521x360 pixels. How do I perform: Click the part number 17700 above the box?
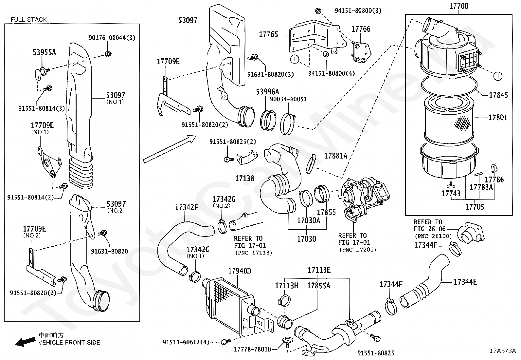point(458,6)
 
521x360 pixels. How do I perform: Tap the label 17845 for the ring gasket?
point(498,95)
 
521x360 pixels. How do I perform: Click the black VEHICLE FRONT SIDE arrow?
point(26,342)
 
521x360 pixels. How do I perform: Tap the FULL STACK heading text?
point(28,20)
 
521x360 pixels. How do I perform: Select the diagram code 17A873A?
point(503,351)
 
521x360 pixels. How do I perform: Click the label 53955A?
point(44,52)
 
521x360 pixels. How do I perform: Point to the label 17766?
point(361,29)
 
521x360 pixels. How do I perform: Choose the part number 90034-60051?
point(288,99)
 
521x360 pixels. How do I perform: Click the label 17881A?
point(335,156)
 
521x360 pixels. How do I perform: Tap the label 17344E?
point(465,282)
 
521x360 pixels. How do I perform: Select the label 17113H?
point(286,286)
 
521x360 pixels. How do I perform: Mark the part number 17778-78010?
point(252,350)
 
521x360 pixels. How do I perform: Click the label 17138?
point(245,179)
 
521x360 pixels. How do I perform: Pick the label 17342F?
point(187,207)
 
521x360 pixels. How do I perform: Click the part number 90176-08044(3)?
point(112,38)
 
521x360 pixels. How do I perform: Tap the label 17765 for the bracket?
point(268,34)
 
